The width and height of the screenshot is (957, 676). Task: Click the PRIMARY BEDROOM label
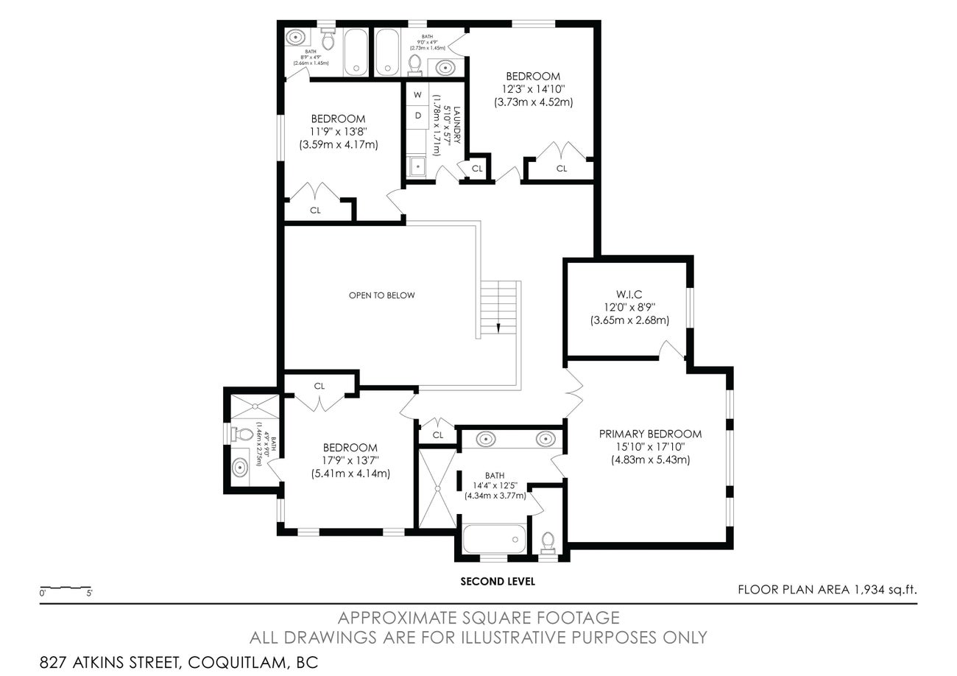point(649,434)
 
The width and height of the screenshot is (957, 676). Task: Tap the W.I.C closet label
point(629,294)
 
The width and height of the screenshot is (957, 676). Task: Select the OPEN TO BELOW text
point(381,295)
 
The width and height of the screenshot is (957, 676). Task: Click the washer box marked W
point(417,95)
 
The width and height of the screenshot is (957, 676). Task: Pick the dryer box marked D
point(417,116)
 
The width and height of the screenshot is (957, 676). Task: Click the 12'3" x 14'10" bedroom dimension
point(532,89)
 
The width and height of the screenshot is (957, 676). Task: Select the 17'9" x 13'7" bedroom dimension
point(350,461)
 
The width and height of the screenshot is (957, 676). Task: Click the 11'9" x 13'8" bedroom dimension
point(338,132)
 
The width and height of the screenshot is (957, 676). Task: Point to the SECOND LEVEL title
point(498,581)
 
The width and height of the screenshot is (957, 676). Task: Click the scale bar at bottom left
point(66,589)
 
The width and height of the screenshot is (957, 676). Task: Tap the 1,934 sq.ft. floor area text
point(886,589)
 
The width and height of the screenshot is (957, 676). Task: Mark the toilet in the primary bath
point(548,543)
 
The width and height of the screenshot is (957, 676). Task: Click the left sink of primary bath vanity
point(487,440)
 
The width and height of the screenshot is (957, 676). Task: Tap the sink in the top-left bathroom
point(296,36)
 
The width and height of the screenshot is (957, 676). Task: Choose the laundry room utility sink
point(417,166)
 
